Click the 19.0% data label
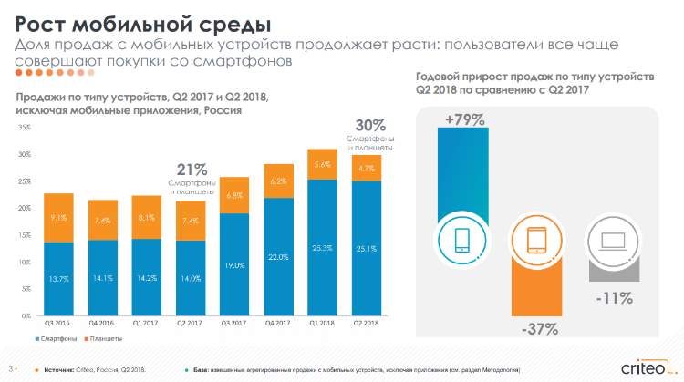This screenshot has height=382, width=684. point(235,264)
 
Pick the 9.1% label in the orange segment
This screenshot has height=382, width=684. point(58,217)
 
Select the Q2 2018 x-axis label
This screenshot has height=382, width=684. point(366,322)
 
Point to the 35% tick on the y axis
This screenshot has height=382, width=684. point(25,127)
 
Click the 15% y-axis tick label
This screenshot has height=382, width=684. point(25,234)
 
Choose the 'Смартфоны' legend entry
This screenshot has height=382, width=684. point(59,340)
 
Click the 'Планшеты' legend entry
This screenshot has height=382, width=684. point(103,340)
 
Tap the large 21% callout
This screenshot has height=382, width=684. point(192,169)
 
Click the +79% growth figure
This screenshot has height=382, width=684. point(464,119)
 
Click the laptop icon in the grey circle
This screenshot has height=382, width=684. point(606,241)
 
